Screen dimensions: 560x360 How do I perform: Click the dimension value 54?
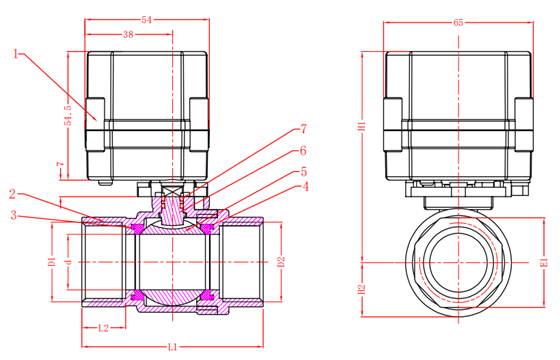(x=146, y=20)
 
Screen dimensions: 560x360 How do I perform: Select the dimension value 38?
(x=128, y=34)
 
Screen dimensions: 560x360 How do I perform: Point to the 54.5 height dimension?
(x=68, y=115)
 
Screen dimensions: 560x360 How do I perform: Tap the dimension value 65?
(x=458, y=22)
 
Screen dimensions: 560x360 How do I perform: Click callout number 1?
(x=15, y=54)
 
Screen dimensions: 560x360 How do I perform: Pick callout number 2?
(x=13, y=194)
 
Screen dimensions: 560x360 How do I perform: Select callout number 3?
(x=14, y=215)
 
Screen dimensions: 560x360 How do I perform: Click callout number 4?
(x=305, y=186)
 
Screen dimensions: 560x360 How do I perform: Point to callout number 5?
(x=304, y=172)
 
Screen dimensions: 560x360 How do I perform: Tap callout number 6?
(x=303, y=151)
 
